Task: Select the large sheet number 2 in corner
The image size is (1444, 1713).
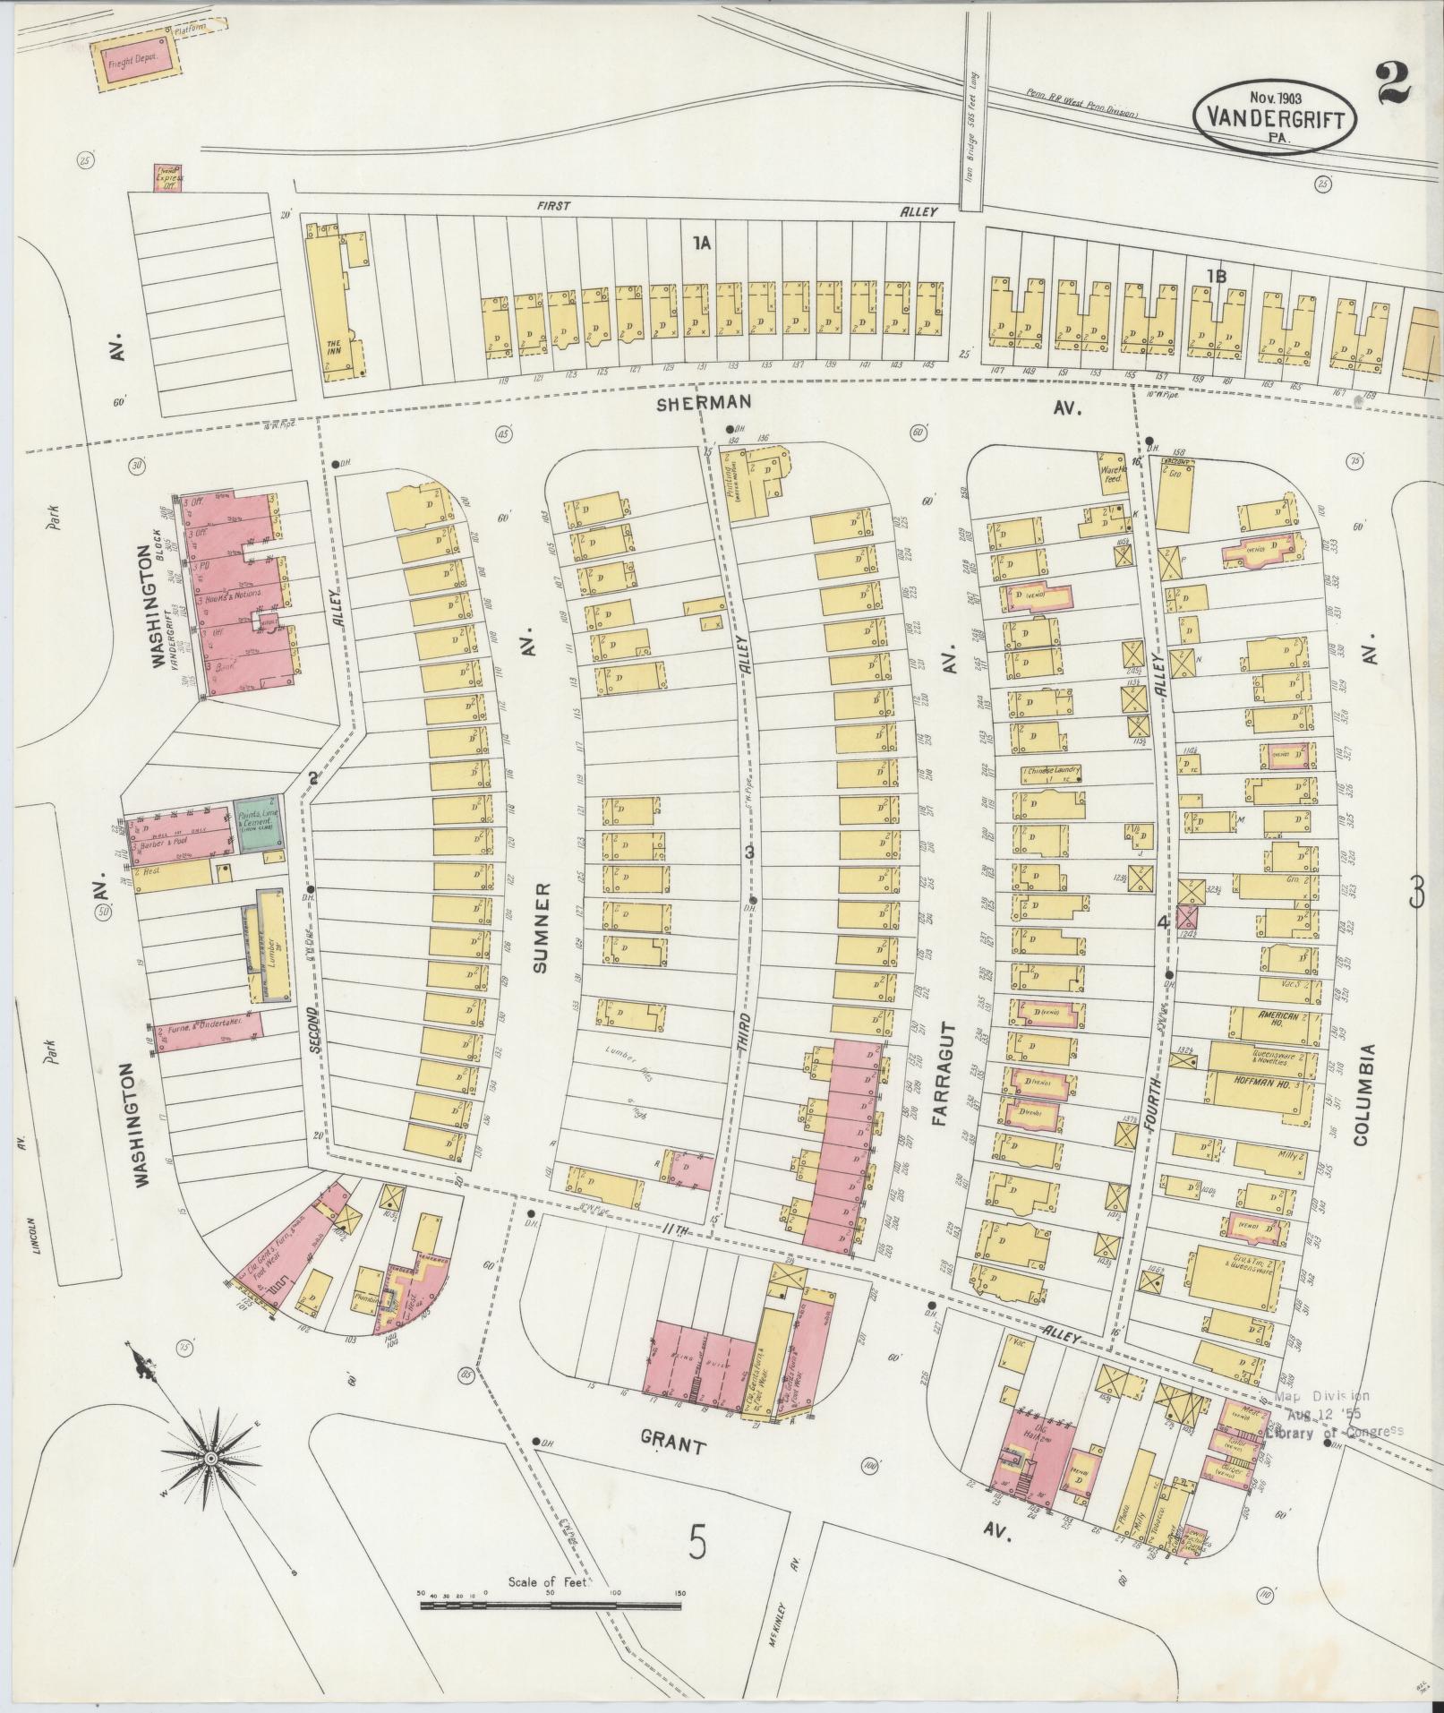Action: pyautogui.click(x=1389, y=83)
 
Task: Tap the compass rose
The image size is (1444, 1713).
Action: pyautogui.click(x=210, y=1459)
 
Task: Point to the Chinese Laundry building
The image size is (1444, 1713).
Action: pyautogui.click(x=1050, y=770)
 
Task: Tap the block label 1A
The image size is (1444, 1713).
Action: pyautogui.click(x=700, y=242)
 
